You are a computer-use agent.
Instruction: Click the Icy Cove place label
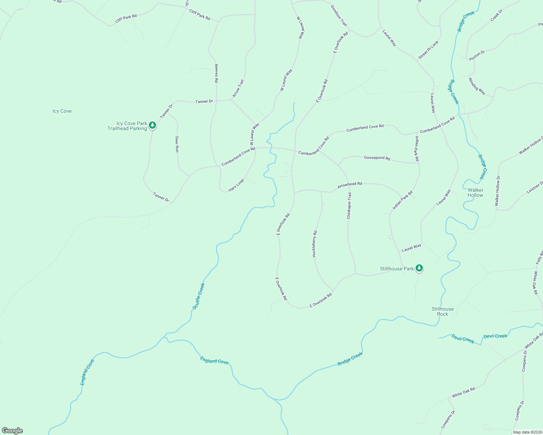(x=62, y=111)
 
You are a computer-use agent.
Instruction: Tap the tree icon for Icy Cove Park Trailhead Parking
(x=152, y=125)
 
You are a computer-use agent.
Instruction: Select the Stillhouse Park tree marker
(x=419, y=268)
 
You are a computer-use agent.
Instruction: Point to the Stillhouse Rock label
(x=442, y=311)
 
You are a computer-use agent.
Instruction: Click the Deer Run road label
(x=177, y=144)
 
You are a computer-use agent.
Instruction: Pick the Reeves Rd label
(x=216, y=73)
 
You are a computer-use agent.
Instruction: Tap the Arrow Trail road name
(x=238, y=88)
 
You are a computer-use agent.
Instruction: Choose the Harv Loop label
(x=236, y=185)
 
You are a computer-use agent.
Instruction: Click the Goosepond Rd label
(x=377, y=158)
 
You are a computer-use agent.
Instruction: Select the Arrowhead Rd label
(x=350, y=185)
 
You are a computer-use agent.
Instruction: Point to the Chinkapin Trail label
(x=349, y=206)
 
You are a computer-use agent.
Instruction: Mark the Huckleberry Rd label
(x=315, y=244)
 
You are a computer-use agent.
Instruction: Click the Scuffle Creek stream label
(x=199, y=296)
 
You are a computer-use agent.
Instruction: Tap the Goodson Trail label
(x=339, y=15)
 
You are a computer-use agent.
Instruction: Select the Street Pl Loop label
(x=428, y=50)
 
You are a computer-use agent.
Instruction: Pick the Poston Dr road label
(x=477, y=55)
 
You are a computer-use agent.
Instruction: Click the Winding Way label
(x=477, y=86)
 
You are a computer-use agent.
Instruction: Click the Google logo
(x=12, y=431)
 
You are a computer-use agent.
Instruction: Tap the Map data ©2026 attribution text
(x=527, y=432)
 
